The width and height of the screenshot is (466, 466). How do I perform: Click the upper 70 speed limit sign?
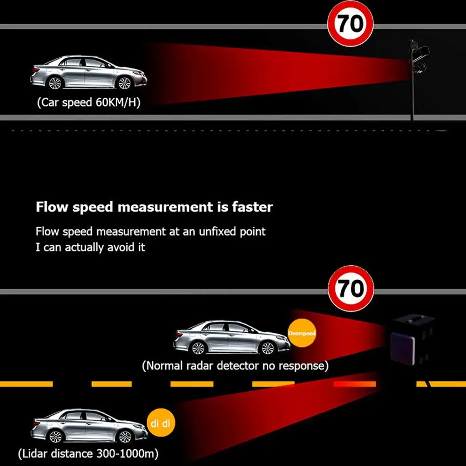(x=351, y=24)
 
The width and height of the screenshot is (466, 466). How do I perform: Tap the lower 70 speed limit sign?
(x=351, y=289)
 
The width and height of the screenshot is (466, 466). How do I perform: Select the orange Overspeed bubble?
(x=302, y=333)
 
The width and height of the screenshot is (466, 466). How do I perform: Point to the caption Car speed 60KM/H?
(x=88, y=102)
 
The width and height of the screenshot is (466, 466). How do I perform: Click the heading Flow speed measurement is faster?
(x=154, y=207)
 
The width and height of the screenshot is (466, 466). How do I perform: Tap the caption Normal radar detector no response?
(x=235, y=365)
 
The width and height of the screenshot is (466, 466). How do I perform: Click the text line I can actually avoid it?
(x=90, y=247)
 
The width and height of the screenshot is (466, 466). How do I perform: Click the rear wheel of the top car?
(x=54, y=83)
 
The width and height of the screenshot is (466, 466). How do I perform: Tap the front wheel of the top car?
(x=124, y=83)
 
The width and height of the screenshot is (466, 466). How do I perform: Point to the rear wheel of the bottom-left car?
(x=55, y=437)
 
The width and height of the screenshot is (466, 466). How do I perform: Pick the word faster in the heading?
(x=252, y=207)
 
